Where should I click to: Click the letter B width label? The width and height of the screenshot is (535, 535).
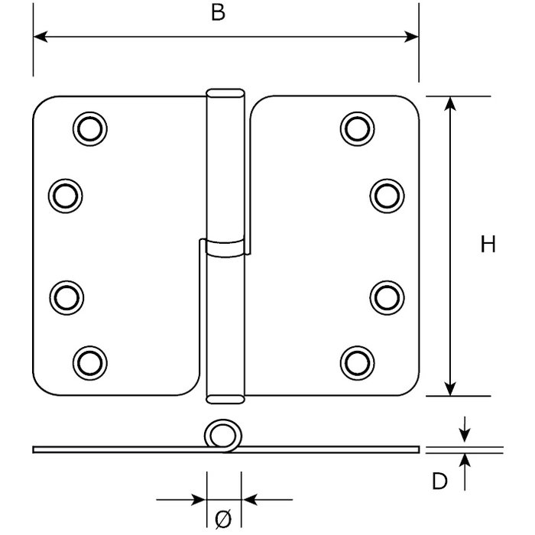pos(218,14)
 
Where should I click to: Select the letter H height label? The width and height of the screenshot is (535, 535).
pos(488,245)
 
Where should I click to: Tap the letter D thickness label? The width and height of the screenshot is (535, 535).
pos(439,481)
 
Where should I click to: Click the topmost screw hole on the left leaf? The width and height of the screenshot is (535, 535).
pos(89,128)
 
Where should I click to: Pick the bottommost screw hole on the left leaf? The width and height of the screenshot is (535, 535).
pos(89,359)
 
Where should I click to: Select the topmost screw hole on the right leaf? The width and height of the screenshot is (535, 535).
pos(356,128)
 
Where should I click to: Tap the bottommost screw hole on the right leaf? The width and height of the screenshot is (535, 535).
pos(356,359)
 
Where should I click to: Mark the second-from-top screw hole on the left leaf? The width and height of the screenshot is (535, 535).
pos(64,194)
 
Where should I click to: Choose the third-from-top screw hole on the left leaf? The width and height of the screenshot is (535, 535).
pos(64,295)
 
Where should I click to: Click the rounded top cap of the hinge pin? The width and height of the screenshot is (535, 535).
pos(225,94)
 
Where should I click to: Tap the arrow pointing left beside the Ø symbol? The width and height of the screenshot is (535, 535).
pos(248,501)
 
